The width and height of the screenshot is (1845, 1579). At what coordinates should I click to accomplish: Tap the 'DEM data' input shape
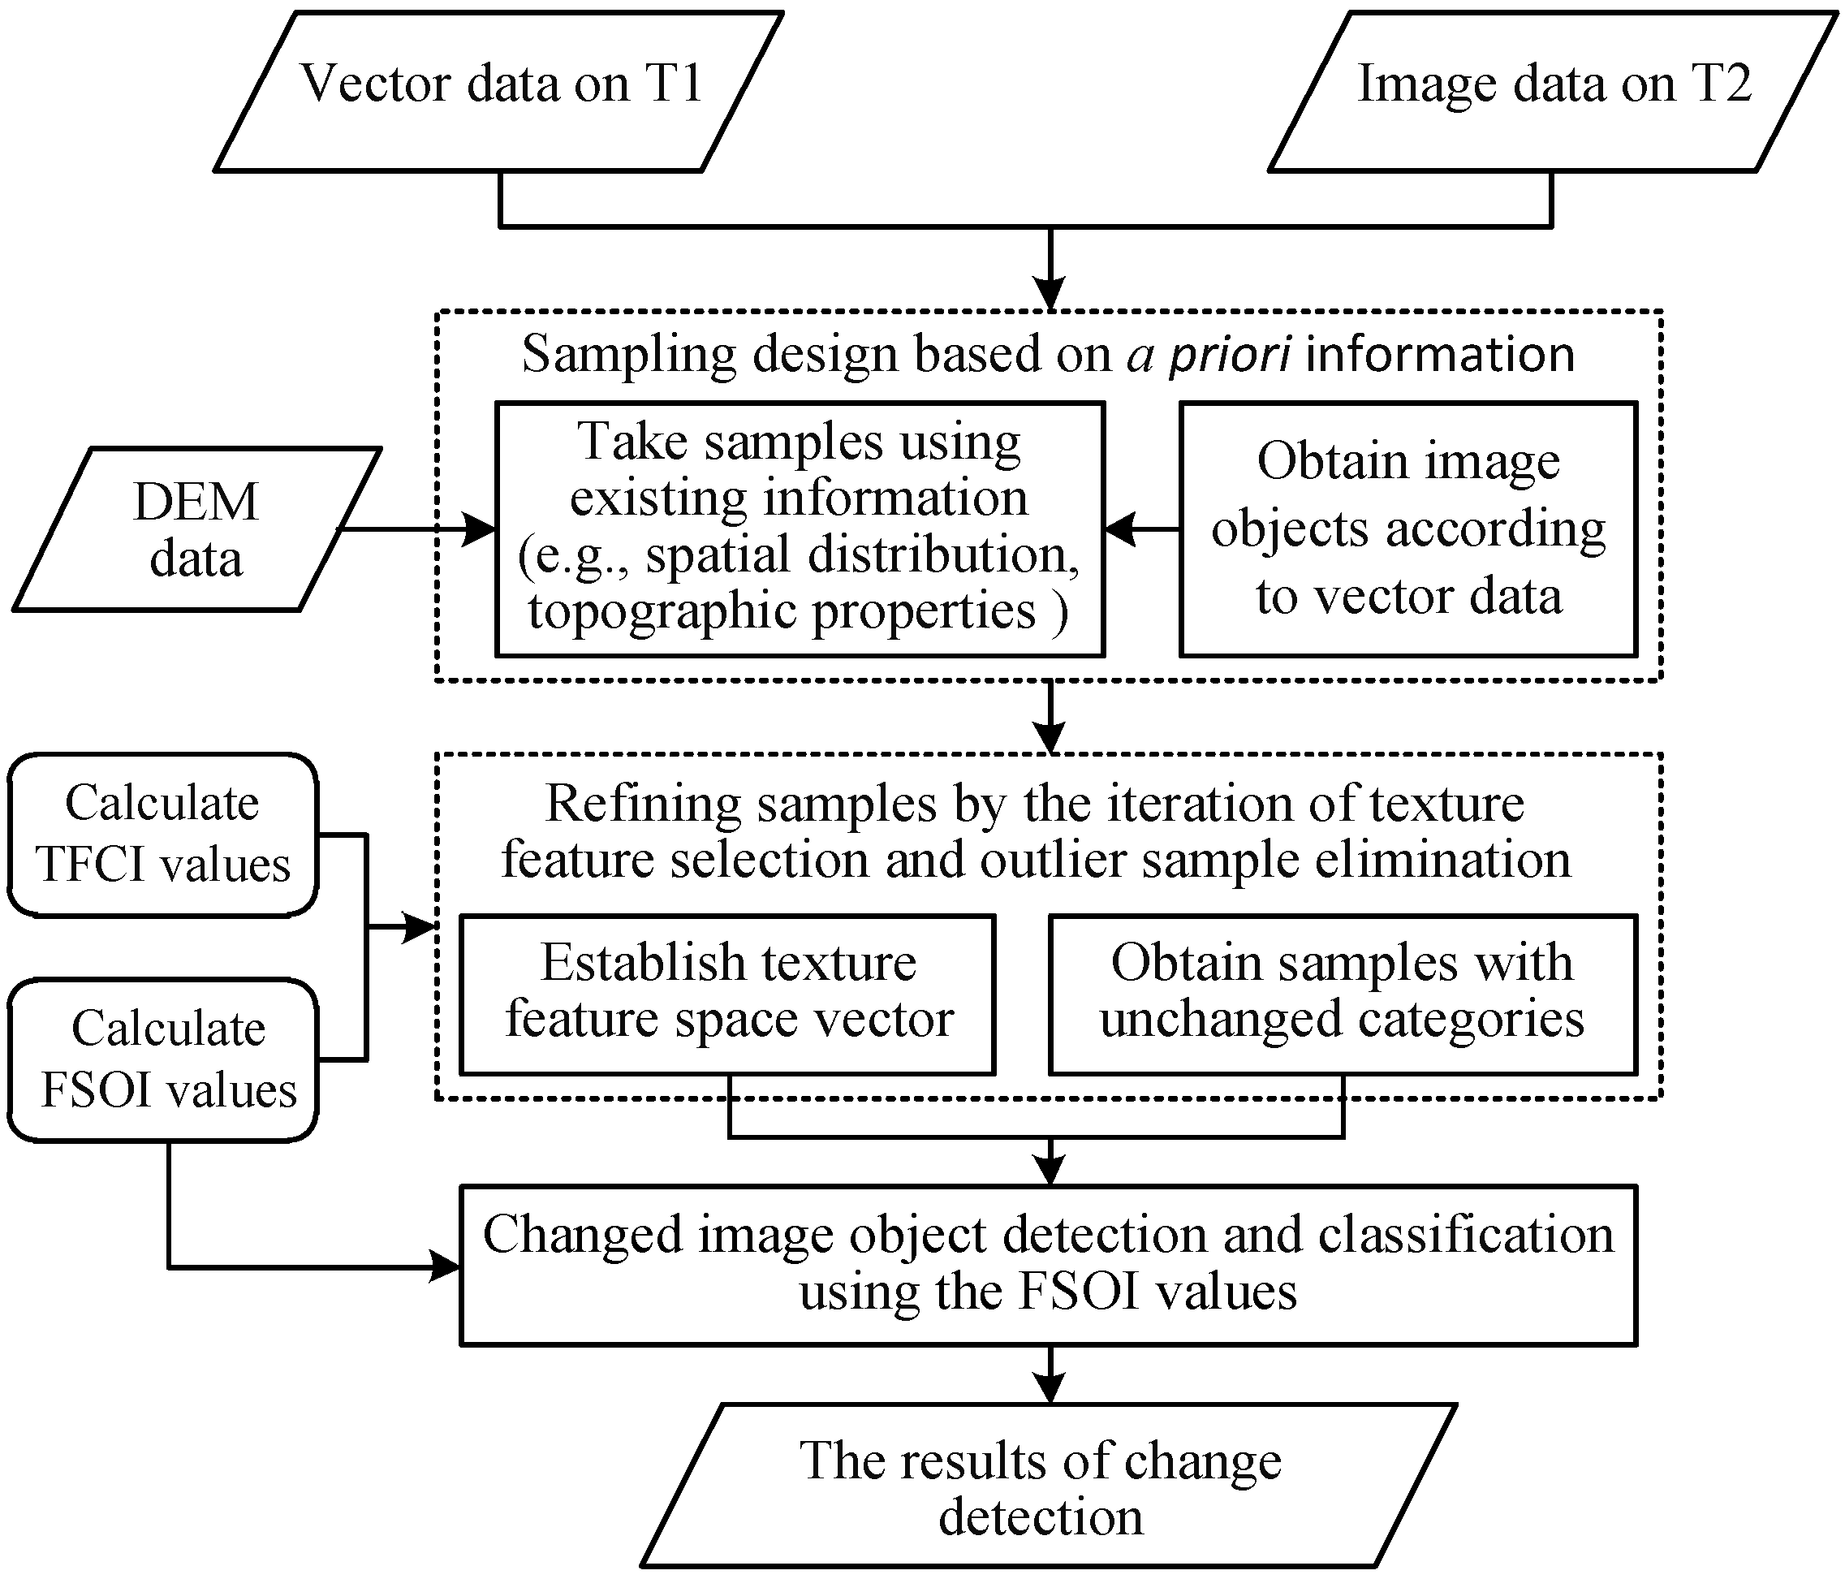[196, 530]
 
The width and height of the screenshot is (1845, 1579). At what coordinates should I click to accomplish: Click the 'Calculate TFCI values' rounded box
[163, 835]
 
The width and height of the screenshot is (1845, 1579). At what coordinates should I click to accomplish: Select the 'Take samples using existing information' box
[799, 529]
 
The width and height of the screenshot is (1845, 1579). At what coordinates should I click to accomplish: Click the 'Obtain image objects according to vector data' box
[1407, 529]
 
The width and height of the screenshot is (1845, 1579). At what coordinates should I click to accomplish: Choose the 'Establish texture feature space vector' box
[727, 994]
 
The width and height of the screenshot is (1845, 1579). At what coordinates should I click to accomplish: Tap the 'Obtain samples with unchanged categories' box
[1343, 994]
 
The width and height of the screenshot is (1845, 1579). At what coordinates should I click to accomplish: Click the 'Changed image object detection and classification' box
[1048, 1265]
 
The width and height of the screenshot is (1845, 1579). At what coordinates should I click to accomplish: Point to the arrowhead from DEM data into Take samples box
[479, 529]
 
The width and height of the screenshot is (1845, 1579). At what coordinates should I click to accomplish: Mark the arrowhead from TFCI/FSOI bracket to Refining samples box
[419, 927]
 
